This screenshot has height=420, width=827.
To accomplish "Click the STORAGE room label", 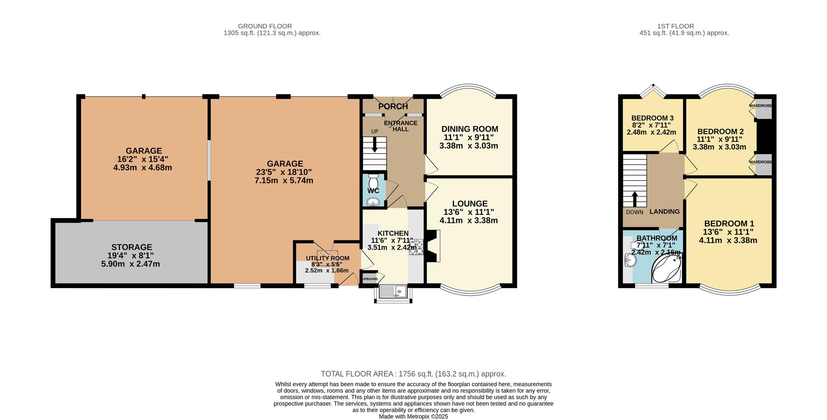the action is tap(131, 247).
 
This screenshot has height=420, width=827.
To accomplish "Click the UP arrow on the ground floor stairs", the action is tap(374, 144).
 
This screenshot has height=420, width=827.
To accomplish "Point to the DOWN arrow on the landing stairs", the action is tap(634, 199).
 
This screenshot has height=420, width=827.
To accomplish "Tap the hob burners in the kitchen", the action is tap(416, 248).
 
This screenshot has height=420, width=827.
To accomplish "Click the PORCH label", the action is tap(393, 106).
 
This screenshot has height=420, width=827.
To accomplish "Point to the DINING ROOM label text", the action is tap(469, 129).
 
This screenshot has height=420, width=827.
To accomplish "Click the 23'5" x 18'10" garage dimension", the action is tap(284, 172).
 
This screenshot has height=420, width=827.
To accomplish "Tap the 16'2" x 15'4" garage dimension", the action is tap(143, 159).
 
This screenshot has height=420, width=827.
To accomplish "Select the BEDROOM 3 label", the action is tap(652, 118).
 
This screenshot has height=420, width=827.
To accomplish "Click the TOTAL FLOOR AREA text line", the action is tap(413, 374).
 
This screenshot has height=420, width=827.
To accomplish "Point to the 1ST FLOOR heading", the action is tap(675, 26).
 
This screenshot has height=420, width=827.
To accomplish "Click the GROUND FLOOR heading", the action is tap(265, 26).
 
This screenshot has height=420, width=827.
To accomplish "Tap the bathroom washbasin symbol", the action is tap(630, 260).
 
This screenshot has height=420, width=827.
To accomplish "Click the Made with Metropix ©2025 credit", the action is tap(413, 417).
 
